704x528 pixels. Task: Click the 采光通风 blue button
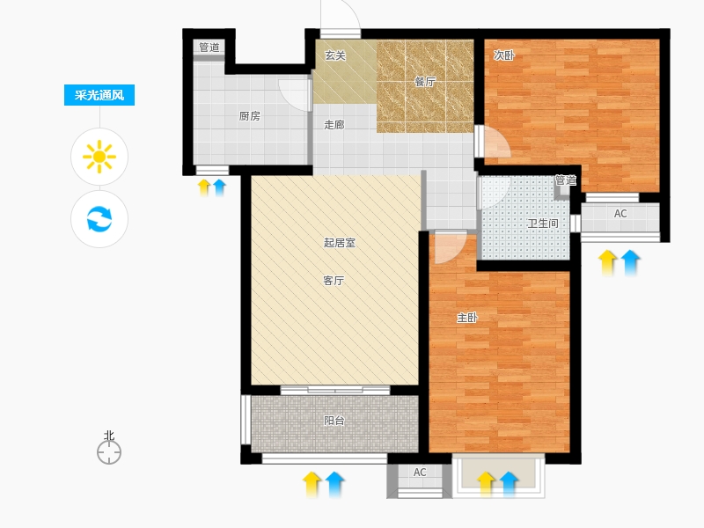coord(99,95)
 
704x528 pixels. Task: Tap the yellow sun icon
coord(99,157)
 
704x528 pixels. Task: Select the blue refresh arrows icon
coord(99,218)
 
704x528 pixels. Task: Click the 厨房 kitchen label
coord(250,116)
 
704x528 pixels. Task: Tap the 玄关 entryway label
coord(335,55)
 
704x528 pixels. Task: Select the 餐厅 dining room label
coord(425,82)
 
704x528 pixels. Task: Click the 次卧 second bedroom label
coord(503,55)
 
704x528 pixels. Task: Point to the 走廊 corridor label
coord(334,124)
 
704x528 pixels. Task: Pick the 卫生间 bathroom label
coord(543,224)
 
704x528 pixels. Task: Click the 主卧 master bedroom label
coord(467,318)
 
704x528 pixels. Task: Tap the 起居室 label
coord(340,243)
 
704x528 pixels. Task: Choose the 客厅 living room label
coord(334,281)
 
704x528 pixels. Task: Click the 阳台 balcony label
coord(334,421)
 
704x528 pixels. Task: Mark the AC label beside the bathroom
coord(620,214)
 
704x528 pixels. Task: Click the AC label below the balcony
coord(420,473)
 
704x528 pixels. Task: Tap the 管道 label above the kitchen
coord(209,48)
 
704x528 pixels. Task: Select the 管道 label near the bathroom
coord(566,180)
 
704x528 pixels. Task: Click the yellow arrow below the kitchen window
coord(204,187)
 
